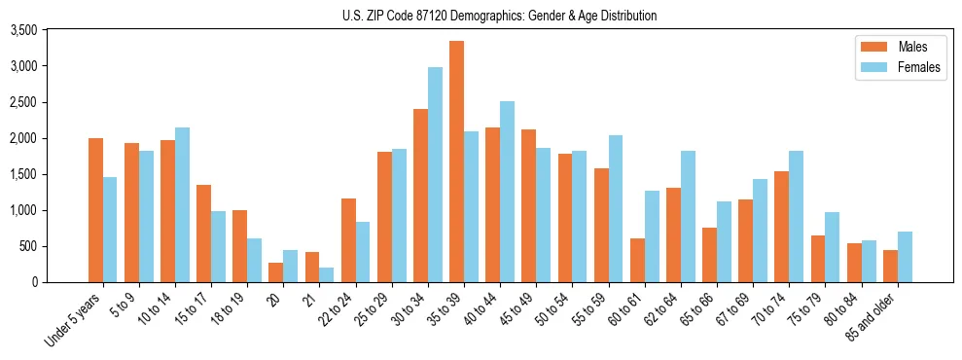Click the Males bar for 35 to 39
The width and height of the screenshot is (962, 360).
[456, 162]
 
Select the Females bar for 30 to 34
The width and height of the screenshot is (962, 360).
[435, 175]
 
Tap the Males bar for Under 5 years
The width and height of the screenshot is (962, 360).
[95, 210]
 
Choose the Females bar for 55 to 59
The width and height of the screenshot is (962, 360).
[616, 208]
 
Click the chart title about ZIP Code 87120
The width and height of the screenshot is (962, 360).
[499, 16]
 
